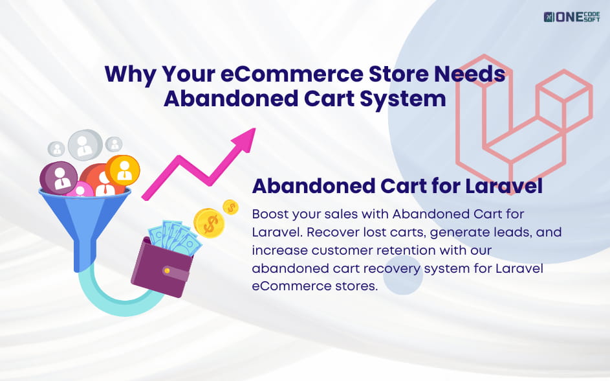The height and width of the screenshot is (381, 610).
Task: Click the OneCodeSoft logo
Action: (x=571, y=16)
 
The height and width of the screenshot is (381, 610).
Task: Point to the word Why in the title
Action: (x=129, y=74)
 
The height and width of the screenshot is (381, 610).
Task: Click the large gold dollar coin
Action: (x=208, y=223)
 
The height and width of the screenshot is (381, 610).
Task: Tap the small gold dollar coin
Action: (x=231, y=207)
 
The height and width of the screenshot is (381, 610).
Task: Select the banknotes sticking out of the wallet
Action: (x=173, y=236)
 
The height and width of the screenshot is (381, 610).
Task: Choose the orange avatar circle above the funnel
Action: (x=123, y=168)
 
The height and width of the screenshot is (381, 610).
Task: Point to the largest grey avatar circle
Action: (x=85, y=144)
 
